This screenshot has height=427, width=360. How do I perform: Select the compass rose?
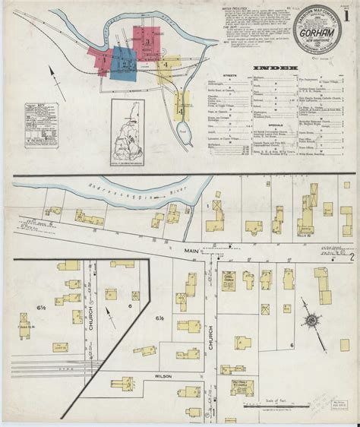(x=312, y=321)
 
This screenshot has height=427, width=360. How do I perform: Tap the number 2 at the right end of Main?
(x=351, y=258)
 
